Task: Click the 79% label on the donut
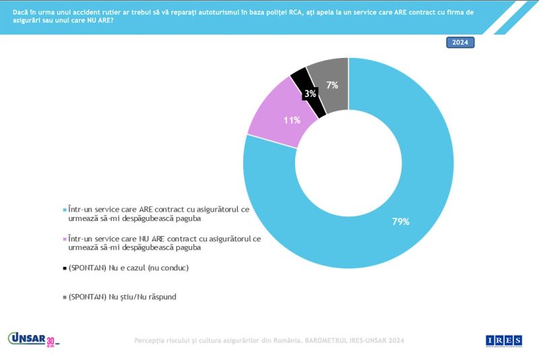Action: point(401,221)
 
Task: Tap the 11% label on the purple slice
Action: point(292,121)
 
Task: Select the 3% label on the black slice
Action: point(310,94)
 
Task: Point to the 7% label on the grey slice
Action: point(332,85)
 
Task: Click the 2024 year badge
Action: point(460,42)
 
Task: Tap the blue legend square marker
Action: point(64,210)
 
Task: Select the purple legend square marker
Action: point(64,239)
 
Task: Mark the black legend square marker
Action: point(64,268)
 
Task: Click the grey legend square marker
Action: point(64,297)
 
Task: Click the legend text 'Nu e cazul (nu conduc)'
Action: point(146,268)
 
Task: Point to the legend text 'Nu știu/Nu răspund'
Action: point(140,297)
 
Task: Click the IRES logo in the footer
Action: point(504,341)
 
